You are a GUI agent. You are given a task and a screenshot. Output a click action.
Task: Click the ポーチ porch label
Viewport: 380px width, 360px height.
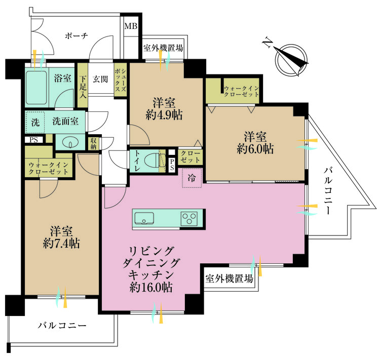pyautogui.click(x=77, y=35)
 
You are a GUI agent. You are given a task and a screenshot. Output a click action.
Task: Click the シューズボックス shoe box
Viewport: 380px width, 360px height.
pyautogui.click(x=120, y=78)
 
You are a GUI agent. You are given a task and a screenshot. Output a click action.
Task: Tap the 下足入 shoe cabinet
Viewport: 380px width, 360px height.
pyautogui.click(x=83, y=85)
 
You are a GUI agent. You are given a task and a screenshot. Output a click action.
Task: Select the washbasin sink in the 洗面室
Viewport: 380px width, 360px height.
pyautogui.click(x=70, y=142)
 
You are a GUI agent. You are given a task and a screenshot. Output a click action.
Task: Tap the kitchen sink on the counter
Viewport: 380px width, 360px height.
pyautogui.click(x=145, y=219)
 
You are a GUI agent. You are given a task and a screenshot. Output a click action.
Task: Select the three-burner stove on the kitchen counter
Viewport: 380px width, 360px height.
pyautogui.click(x=190, y=219)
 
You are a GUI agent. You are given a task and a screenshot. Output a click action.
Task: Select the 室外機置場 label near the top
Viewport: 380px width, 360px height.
pyautogui.click(x=163, y=49)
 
